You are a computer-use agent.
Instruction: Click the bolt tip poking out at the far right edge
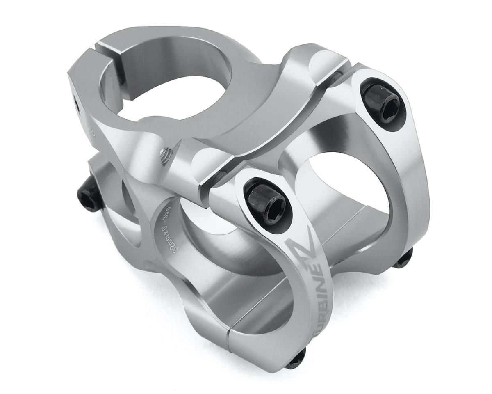coord(403,258)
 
